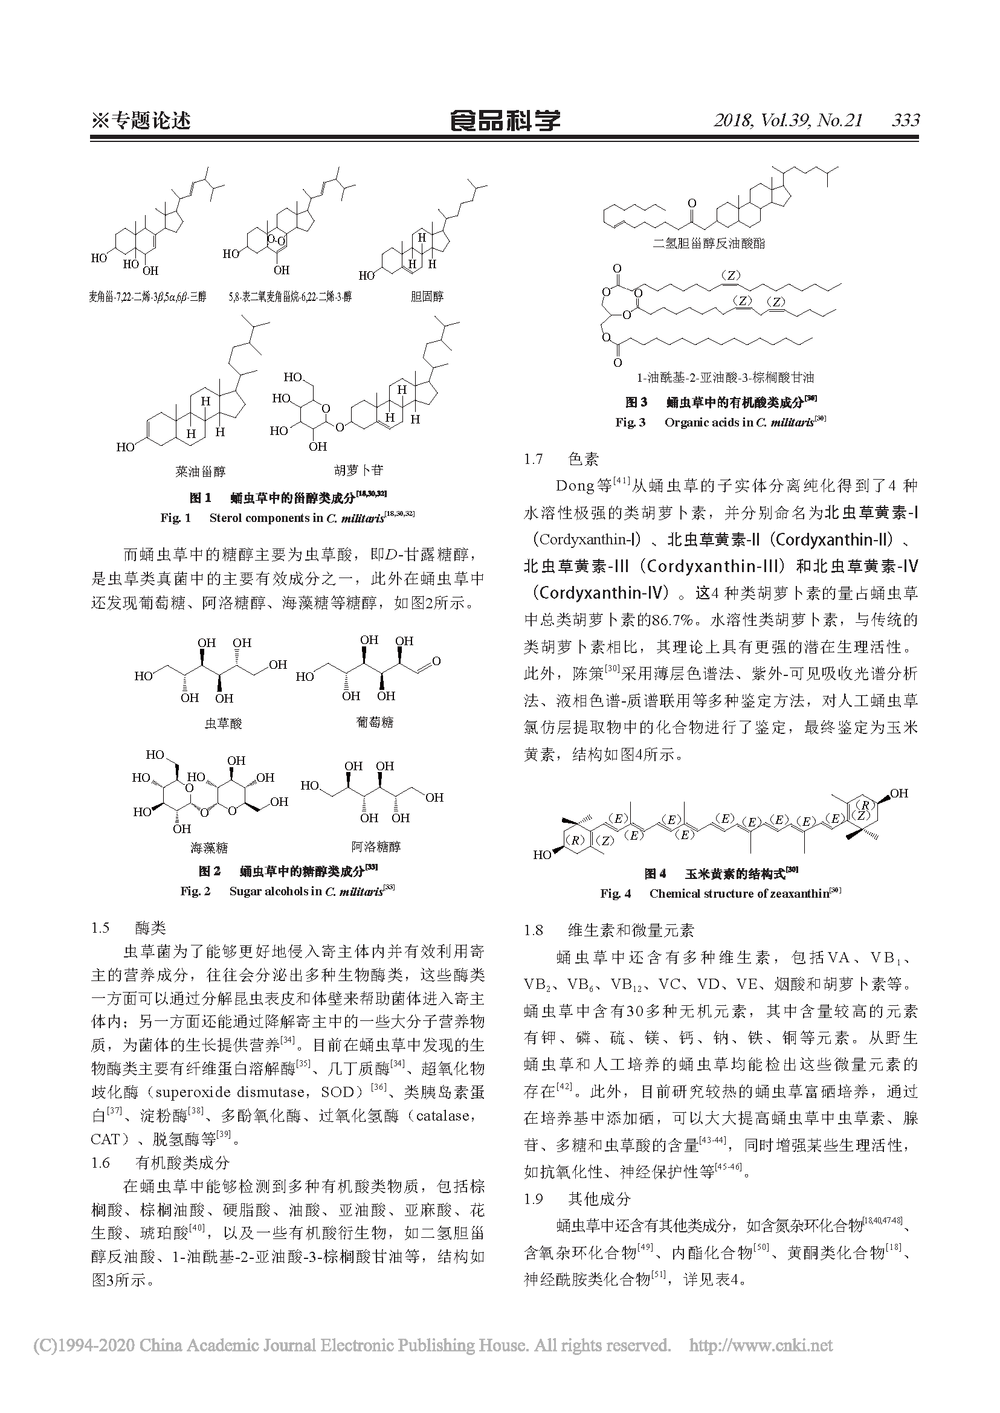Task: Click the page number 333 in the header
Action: pyautogui.click(x=905, y=120)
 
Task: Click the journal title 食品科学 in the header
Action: pyautogui.click(x=505, y=120)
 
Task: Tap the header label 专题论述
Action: pyautogui.click(x=149, y=120)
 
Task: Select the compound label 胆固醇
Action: pyautogui.click(x=426, y=297)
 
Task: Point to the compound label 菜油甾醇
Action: pyautogui.click(x=200, y=471)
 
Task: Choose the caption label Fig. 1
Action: pyautogui.click(x=175, y=518)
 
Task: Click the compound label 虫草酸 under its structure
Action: pyautogui.click(x=223, y=723)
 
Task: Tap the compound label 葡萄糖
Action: pyautogui.click(x=375, y=721)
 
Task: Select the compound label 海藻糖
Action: pyautogui.click(x=208, y=848)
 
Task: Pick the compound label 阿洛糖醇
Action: pyautogui.click(x=376, y=846)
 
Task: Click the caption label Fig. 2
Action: pyautogui.click(x=195, y=891)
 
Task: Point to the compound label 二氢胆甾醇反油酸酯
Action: pyautogui.click(x=709, y=243)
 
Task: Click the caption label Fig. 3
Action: pyautogui.click(x=630, y=423)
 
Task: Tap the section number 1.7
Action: pyautogui.click(x=534, y=459)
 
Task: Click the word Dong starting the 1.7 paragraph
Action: pyautogui.click(x=575, y=486)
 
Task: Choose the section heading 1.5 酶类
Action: pyautogui.click(x=129, y=928)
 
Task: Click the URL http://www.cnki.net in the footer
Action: pyautogui.click(x=761, y=1345)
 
